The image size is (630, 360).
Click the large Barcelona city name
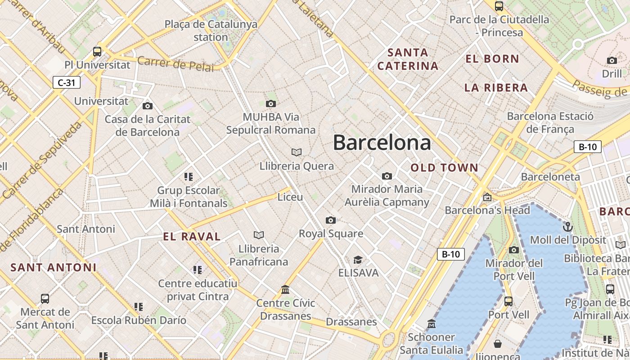pyautogui.click(x=382, y=143)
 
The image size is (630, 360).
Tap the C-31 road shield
pyautogui.click(x=67, y=82)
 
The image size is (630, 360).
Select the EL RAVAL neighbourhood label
pyautogui.click(x=192, y=237)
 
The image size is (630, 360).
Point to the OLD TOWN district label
pyautogui.click(x=444, y=168)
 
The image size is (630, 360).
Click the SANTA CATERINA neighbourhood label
pyautogui.click(x=408, y=59)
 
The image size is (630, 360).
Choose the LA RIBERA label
pyautogui.click(x=496, y=88)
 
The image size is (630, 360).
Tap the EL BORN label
pyautogui.click(x=492, y=59)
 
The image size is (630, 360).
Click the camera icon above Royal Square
pyautogui.click(x=331, y=220)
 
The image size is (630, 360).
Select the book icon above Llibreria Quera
pyautogui.click(x=297, y=152)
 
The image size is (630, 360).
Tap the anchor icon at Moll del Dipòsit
pyautogui.click(x=568, y=226)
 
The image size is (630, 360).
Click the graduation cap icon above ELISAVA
pyautogui.click(x=358, y=260)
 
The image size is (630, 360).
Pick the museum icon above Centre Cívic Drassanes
pyautogui.click(x=285, y=289)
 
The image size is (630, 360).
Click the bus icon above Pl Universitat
pyautogui.click(x=97, y=51)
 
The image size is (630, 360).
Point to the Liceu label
pyautogui.click(x=290, y=197)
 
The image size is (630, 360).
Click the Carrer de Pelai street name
pyautogui.click(x=175, y=63)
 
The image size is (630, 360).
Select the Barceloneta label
pyautogui.click(x=550, y=177)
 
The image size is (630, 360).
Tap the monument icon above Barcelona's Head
pyautogui.click(x=487, y=197)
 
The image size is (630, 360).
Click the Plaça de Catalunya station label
pyautogui.click(x=211, y=31)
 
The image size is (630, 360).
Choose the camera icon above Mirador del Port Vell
pyautogui.click(x=514, y=250)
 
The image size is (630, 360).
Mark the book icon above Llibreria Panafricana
pyautogui.click(x=259, y=235)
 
